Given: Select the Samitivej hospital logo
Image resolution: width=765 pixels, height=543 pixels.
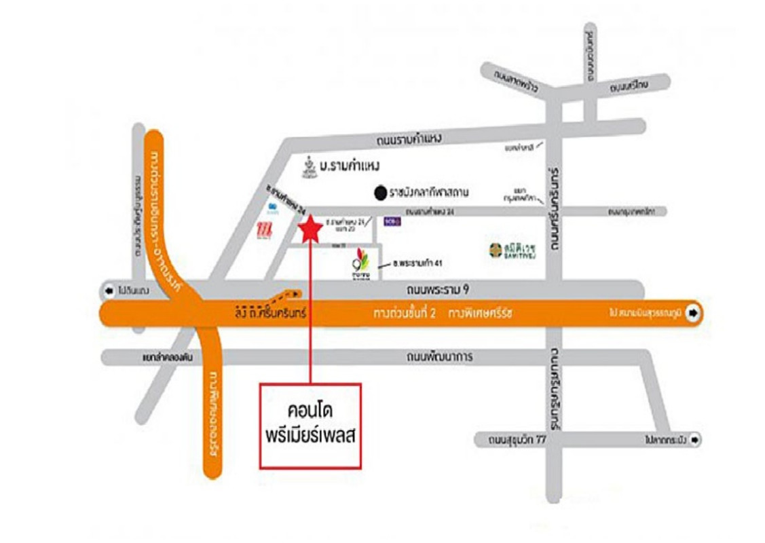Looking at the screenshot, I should coord(496,250).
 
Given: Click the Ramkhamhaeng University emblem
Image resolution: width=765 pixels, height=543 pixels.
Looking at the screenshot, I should coord(309,166).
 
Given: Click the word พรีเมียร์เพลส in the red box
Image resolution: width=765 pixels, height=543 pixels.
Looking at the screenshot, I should coord(312,437).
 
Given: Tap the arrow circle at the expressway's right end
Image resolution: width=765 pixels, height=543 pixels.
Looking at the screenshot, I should coord(692,314).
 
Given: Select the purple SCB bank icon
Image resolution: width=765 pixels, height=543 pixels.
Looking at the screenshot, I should coord(390,221).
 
